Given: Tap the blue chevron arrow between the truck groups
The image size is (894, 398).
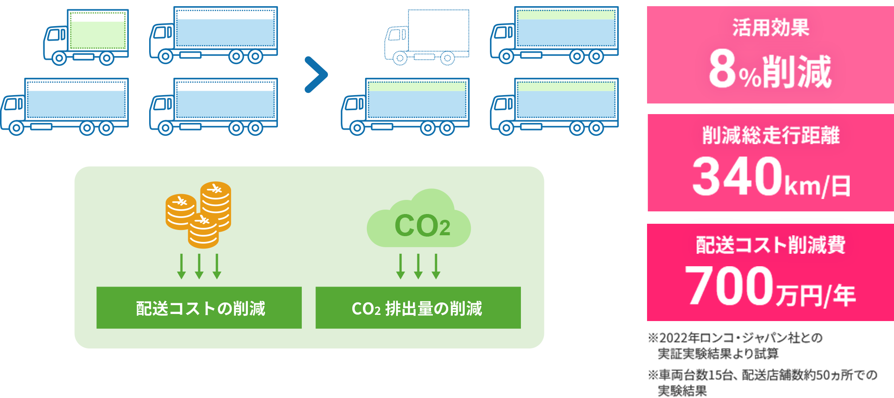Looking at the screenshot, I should tap(316, 75).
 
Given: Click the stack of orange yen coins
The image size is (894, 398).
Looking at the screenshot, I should tap(199, 214).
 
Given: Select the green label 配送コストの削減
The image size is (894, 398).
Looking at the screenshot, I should tap(199, 308).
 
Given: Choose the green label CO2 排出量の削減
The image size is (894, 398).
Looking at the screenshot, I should tap(418, 308).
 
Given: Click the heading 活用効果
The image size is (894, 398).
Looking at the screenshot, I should tap(771, 27).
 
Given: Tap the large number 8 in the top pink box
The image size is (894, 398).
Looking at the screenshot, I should tap(722, 69).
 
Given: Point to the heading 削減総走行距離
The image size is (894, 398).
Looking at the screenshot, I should tap(771, 135).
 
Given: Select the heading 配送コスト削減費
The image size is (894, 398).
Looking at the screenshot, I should tap(771, 245).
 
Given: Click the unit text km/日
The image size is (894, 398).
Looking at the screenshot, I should tap(817, 186).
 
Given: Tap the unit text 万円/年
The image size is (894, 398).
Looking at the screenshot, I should tap(815, 295).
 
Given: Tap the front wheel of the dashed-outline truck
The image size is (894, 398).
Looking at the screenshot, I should tap(400, 58).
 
